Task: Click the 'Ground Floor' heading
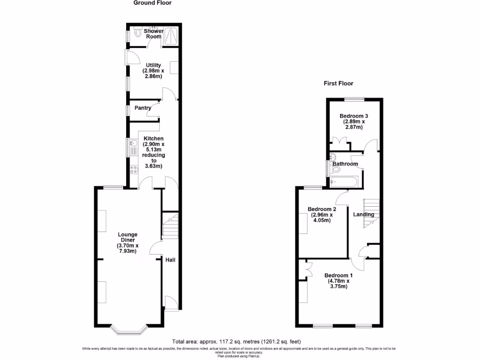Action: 152,3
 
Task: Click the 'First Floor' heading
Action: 338,83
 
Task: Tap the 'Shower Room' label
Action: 153,34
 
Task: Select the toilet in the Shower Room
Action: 137,34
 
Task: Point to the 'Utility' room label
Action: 153,65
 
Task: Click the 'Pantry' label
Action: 142,108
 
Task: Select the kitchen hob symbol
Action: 133,170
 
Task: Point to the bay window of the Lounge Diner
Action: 129,330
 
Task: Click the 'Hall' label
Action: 170,260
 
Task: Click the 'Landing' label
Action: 363,215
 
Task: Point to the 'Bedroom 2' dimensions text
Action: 321,217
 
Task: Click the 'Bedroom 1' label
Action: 338,275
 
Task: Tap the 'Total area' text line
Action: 240,341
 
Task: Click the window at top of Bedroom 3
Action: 354,99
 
